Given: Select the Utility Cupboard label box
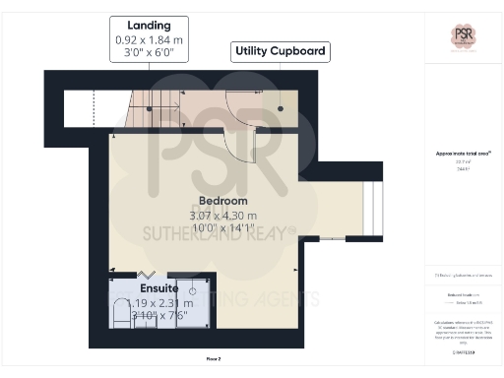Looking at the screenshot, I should pos(279,50).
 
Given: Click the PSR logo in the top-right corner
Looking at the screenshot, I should pos(464,36).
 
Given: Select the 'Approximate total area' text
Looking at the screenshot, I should pos(464,154).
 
